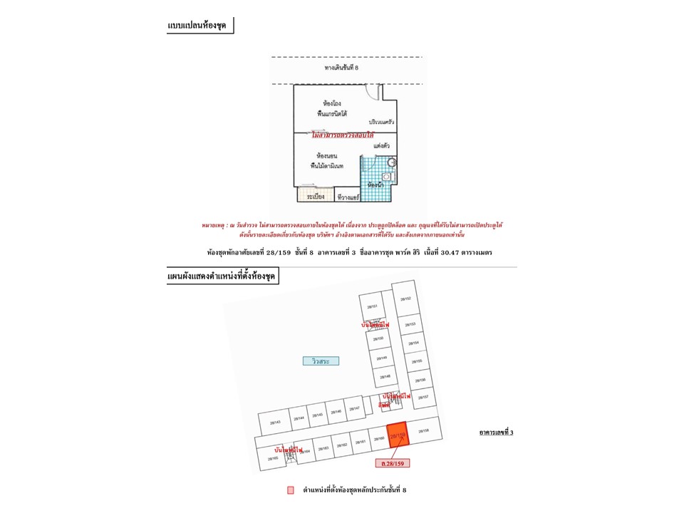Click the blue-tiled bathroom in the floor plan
[x=373, y=175]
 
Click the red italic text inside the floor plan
[x=343, y=134]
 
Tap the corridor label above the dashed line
[x=341, y=68]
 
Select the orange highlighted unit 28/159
[x=398, y=435]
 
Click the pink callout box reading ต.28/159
[x=392, y=464]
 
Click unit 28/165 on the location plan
[x=273, y=459]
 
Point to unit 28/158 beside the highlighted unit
[x=423, y=431]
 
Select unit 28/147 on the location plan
[x=354, y=408]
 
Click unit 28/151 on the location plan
[x=371, y=306]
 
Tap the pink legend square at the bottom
[x=290, y=490]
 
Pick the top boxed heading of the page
[x=201, y=26]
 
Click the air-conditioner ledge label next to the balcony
[x=347, y=196]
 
